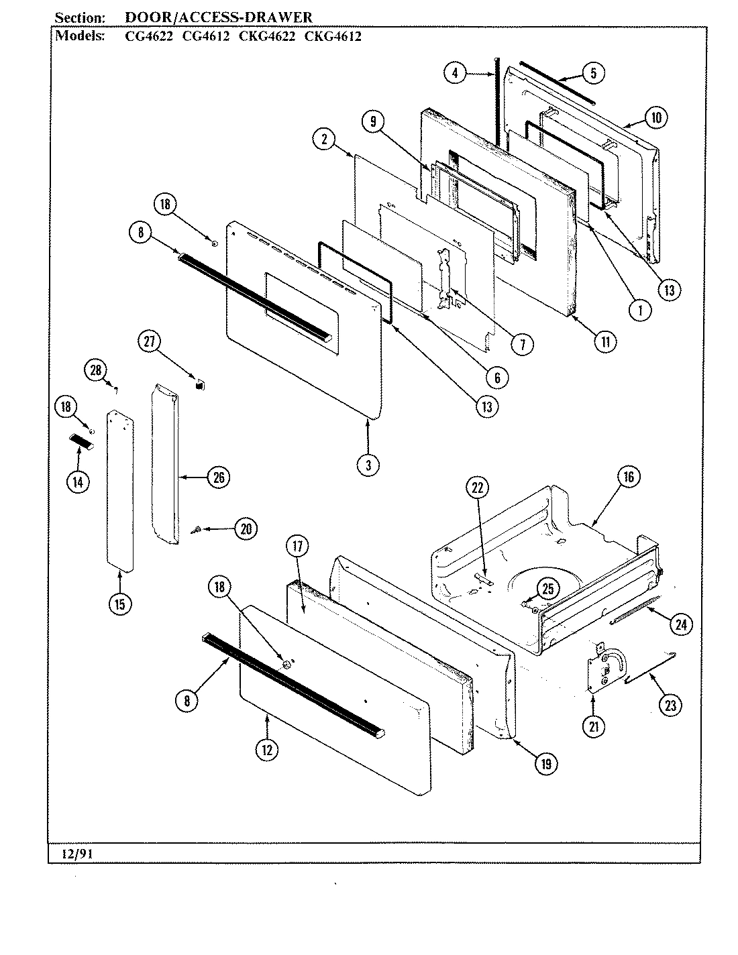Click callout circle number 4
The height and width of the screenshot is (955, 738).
(456, 72)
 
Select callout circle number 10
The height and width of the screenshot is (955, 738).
(655, 118)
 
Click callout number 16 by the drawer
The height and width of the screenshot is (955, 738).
(628, 477)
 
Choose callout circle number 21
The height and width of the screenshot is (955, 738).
(594, 725)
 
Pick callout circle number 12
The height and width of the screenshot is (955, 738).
(267, 750)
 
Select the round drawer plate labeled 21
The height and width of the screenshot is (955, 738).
(604, 667)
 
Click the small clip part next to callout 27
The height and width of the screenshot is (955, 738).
(199, 384)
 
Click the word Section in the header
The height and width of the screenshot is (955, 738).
(78, 17)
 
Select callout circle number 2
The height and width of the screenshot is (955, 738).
(324, 139)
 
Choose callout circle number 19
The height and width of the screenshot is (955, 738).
(547, 763)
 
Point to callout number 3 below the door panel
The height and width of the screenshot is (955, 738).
(368, 465)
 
